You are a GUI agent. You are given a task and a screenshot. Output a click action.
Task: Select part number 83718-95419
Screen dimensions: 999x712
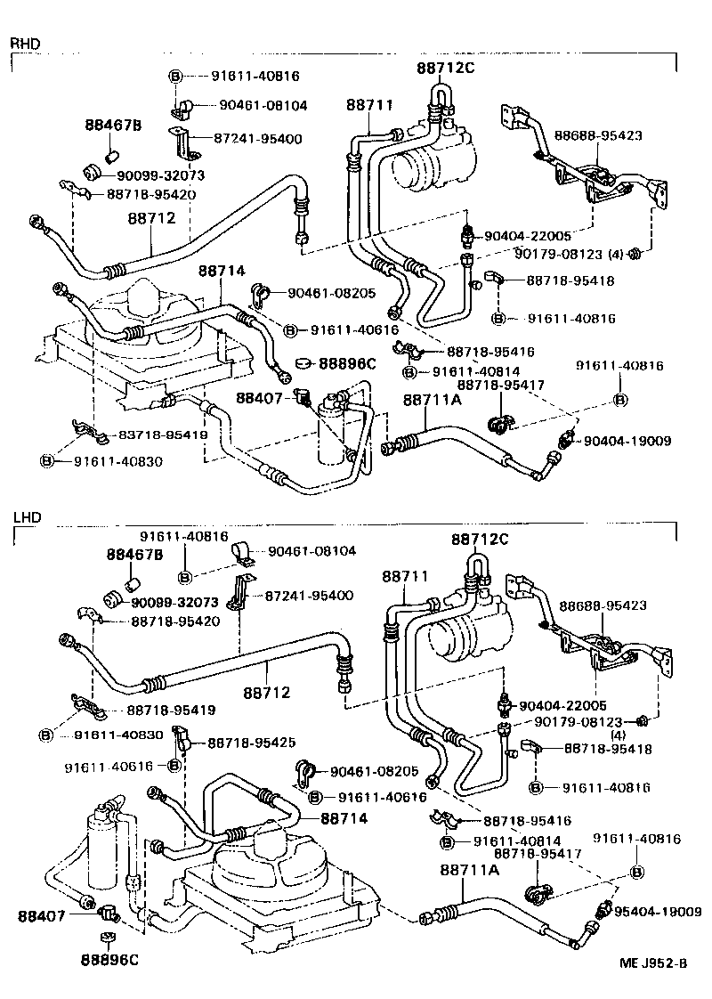click(x=157, y=435)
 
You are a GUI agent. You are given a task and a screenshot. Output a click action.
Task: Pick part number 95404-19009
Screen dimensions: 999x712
click(x=658, y=912)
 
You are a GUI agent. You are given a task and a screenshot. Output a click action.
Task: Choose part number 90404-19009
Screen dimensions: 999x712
click(x=627, y=441)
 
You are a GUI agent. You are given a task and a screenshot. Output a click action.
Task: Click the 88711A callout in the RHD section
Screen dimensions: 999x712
click(x=432, y=401)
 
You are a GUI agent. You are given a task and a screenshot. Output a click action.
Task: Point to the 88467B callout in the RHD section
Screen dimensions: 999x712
click(x=113, y=125)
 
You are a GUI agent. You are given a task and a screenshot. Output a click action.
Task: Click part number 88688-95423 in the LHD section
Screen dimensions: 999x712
click(x=602, y=607)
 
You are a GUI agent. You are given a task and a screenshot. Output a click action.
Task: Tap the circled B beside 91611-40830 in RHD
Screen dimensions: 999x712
click(x=47, y=461)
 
